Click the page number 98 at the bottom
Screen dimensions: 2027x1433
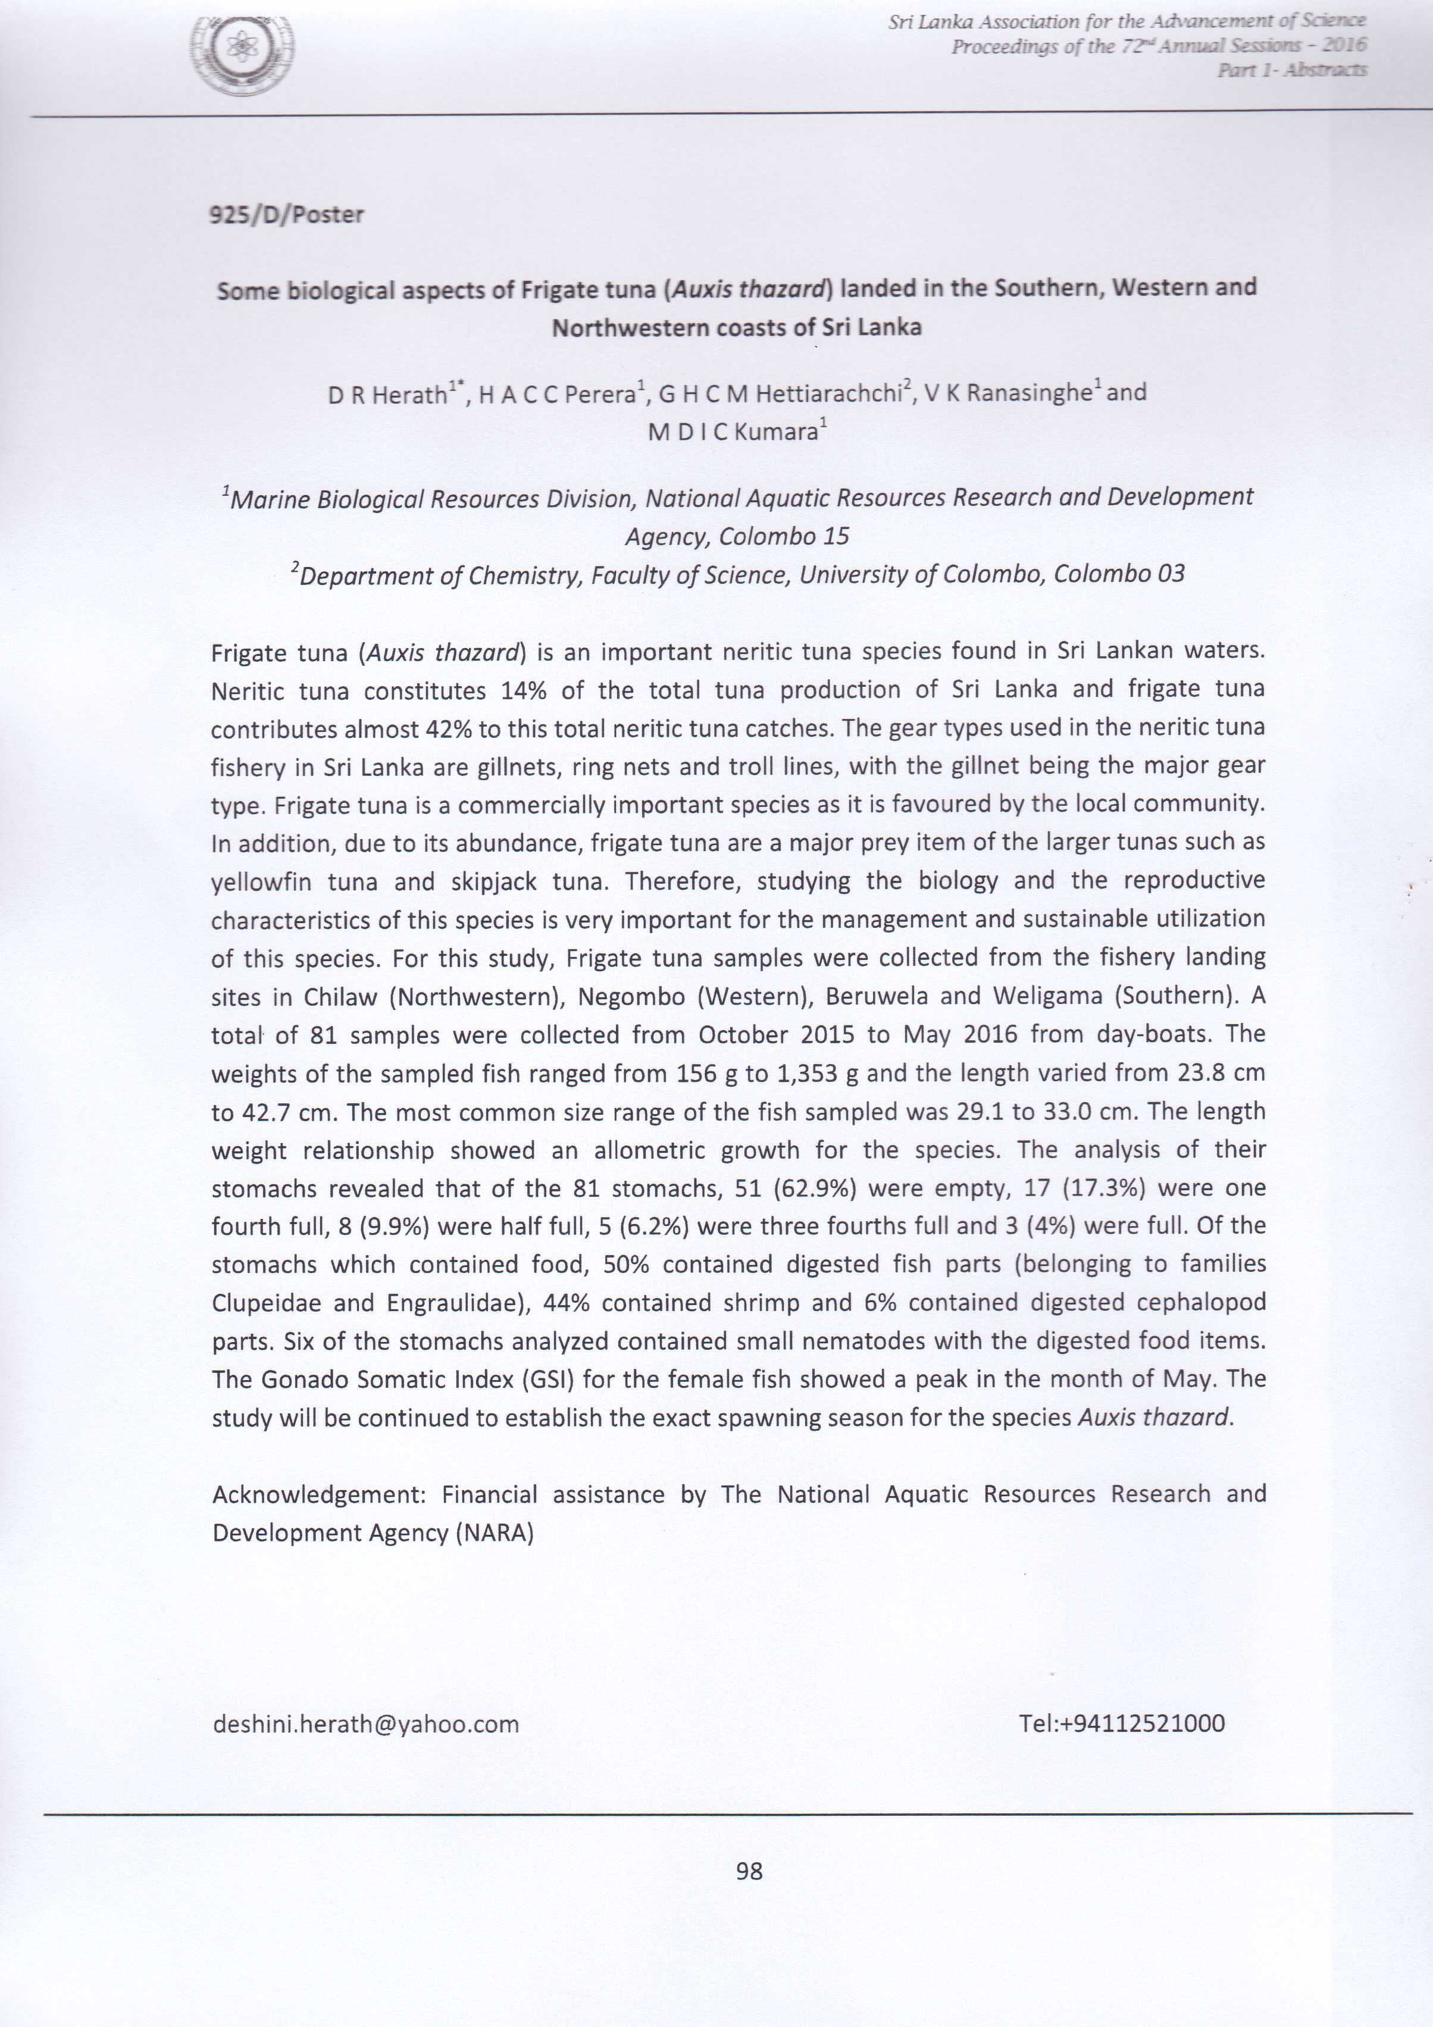[749, 1870]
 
